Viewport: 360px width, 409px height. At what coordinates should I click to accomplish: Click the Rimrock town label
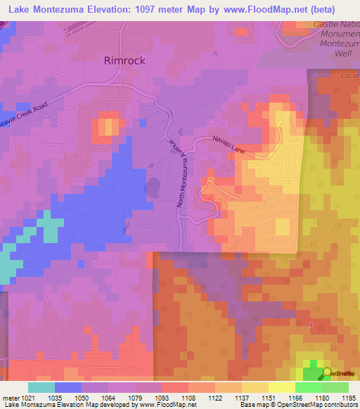(x=124, y=60)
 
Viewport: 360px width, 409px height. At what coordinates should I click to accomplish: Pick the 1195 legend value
(x=348, y=397)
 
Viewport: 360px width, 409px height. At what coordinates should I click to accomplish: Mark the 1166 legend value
(x=295, y=397)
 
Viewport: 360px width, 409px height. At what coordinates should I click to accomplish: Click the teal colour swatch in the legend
(x=41, y=387)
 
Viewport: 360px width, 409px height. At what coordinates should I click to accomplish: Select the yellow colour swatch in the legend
(x=281, y=387)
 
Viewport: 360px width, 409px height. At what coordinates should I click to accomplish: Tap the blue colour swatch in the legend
(x=68, y=387)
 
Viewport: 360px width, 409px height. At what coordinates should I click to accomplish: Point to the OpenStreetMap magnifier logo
(x=326, y=373)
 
